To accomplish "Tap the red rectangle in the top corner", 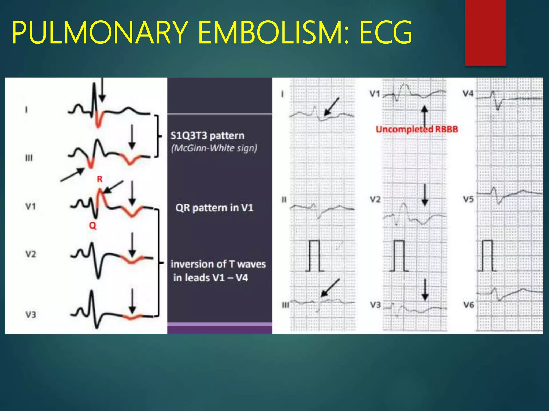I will coord(485,33).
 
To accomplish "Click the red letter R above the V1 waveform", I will coord(100,179).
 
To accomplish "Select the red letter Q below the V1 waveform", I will coord(92,226).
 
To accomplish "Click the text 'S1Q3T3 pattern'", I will coord(207,136).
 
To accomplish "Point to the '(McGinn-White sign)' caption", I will coord(214,148).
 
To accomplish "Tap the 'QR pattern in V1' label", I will coord(214,208).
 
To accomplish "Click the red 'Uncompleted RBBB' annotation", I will coord(417,130).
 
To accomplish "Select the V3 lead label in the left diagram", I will coord(31,315).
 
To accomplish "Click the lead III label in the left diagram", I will coord(29,158).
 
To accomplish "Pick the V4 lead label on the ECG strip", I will coord(468,94).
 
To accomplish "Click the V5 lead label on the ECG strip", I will coord(468,199).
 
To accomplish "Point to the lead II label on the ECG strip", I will coord(284,200).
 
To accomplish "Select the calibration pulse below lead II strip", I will coord(314,256).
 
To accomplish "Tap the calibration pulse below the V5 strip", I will coord(487,256).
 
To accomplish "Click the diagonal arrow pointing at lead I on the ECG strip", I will coord(332,106).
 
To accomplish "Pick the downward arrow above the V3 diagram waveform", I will coord(132,301).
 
